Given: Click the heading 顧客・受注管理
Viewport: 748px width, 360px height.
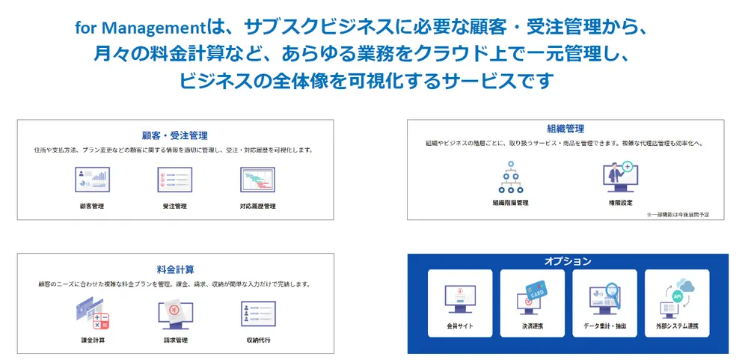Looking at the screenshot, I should click(x=174, y=135).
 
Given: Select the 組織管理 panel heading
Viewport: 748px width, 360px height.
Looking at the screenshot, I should click(x=565, y=129).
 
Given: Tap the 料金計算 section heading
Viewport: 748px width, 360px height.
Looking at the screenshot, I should click(x=176, y=269).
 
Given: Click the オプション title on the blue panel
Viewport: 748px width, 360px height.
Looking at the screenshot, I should click(x=568, y=261).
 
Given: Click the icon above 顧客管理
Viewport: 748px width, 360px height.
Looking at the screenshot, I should click(x=92, y=181).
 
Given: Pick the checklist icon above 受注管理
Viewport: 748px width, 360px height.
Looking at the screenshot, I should click(x=174, y=181).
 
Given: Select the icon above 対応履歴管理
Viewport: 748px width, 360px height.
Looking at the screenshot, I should click(x=257, y=181).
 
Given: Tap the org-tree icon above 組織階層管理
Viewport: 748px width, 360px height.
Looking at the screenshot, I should click(x=510, y=178).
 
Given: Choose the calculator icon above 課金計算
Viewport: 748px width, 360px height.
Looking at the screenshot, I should click(x=92, y=314).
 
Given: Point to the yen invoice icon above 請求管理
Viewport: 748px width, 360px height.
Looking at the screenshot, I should click(x=175, y=314).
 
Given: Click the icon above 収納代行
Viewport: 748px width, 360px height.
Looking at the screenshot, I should click(x=258, y=314).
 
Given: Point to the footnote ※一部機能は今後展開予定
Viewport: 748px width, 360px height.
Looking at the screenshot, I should click(x=678, y=215).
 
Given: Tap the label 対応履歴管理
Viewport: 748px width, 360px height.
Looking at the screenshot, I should click(x=257, y=206).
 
